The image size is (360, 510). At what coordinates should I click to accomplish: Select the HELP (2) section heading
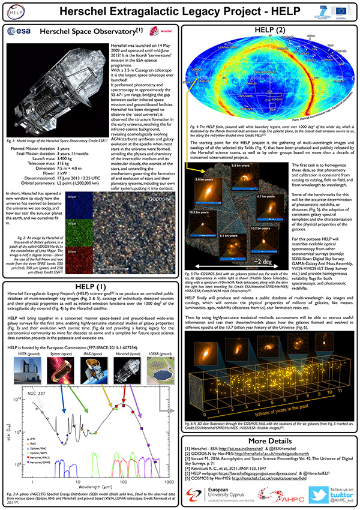[x=267, y=29]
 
